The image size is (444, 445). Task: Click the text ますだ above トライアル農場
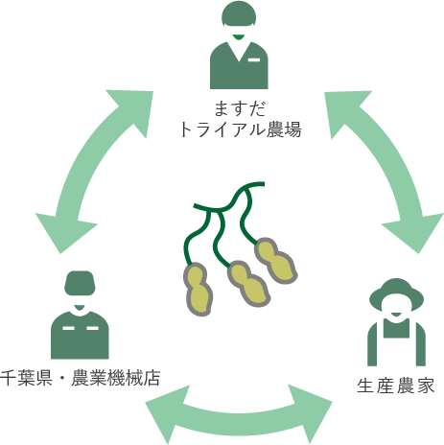click(x=240, y=108)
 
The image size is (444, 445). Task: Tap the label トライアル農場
click(x=240, y=129)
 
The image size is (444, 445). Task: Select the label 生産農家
click(x=395, y=386)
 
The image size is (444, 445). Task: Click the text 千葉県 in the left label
click(x=26, y=378)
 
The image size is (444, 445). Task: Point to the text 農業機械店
click(x=116, y=378)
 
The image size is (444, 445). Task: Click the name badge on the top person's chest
click(x=254, y=59)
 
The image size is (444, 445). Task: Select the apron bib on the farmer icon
click(x=396, y=328)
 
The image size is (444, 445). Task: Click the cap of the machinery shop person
click(x=80, y=283)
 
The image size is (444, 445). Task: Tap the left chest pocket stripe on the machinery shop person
click(x=68, y=328)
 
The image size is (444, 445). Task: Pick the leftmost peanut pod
click(x=198, y=290)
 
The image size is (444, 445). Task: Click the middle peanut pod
click(x=248, y=284)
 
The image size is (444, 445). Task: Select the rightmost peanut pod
click(x=276, y=261)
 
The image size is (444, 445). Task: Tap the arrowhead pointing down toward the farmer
click(x=414, y=231)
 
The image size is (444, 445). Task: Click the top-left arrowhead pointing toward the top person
click(x=134, y=108)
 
